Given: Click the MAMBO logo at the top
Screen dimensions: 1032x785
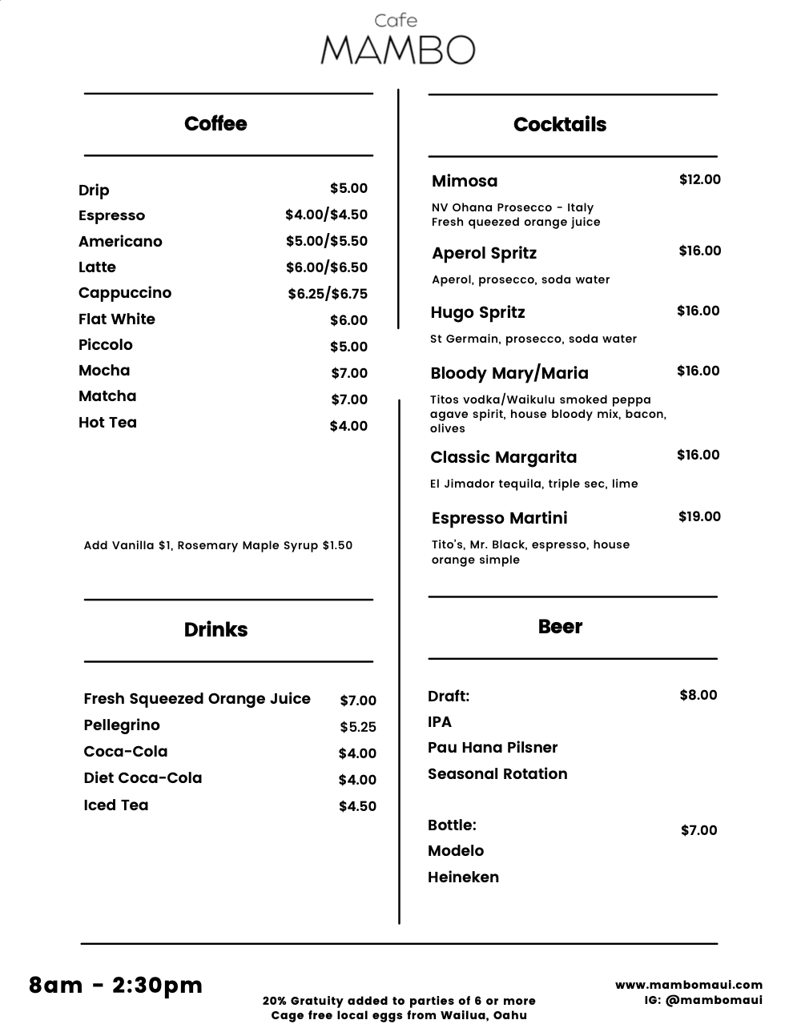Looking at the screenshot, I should pos(397,49).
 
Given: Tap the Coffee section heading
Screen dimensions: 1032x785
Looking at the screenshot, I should pos(215,123).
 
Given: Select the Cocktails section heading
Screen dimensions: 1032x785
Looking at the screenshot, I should pos(560,124).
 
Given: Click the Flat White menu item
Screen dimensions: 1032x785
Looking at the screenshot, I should pos(117,319).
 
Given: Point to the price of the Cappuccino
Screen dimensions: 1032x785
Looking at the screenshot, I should pos(328,294).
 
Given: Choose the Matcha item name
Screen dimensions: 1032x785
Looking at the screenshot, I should pos(107,396).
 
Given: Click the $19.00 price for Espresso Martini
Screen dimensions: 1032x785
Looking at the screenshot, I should pos(699,516).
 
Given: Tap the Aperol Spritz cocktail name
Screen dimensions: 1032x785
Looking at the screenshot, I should pos(484,253).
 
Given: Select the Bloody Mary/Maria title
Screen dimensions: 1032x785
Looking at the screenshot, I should pos(509,373).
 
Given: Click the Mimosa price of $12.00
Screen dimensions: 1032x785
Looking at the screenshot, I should pos(699,179).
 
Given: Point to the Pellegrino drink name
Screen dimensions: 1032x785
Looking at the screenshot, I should pos(122,725).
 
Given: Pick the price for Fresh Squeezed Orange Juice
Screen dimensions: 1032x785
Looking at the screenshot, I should pos(357,701).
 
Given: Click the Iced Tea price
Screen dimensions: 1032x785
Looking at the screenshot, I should pos(357,806).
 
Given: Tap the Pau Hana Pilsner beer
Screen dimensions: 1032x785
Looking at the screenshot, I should pos(493,747).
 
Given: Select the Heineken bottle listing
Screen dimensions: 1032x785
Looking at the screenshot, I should pos(463,877).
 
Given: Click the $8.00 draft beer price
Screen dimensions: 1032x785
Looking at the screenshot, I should pos(698,695).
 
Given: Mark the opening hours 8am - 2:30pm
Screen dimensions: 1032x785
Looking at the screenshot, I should pos(116,985).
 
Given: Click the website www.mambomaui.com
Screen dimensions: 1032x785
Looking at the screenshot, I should pos(688,985).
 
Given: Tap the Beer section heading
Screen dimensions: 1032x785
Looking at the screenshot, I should pos(560,627).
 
